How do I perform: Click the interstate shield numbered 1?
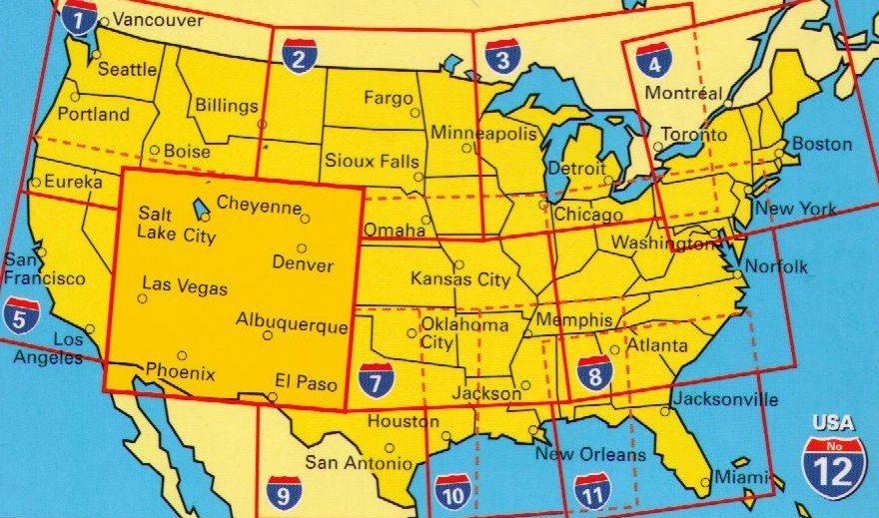(x=80, y=17)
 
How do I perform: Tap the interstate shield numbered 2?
(x=299, y=56)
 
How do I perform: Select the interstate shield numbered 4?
(x=653, y=61)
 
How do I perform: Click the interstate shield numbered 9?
(x=285, y=491)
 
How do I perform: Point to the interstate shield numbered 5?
(x=21, y=314)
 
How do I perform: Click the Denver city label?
(x=303, y=264)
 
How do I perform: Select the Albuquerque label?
(x=292, y=323)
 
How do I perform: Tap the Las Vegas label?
(x=184, y=288)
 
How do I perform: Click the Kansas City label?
(x=460, y=279)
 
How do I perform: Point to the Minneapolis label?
(x=483, y=134)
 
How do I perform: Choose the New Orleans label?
(x=591, y=454)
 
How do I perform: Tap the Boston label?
(x=822, y=144)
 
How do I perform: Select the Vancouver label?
(x=152, y=19)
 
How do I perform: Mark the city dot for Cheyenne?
(x=306, y=219)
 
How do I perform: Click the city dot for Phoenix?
(x=181, y=355)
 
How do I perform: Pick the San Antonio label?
(x=358, y=463)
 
